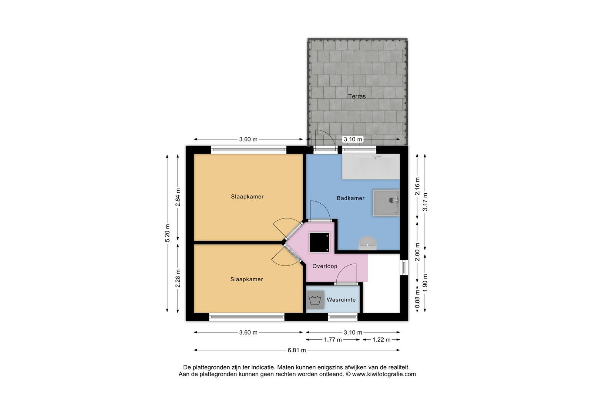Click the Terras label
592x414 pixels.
[x=357, y=96]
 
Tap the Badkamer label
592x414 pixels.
[x=350, y=198]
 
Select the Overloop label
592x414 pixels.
[x=325, y=266]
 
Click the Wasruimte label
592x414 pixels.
[x=341, y=300]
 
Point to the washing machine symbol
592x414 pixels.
[x=315, y=300]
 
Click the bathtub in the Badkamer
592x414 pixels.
[x=371, y=167]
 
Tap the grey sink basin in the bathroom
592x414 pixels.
[x=386, y=203]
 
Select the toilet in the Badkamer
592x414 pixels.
[x=367, y=243]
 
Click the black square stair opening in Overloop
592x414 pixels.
[x=319, y=242]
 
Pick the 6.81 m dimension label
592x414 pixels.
[x=297, y=350]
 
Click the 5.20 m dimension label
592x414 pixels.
[x=167, y=233]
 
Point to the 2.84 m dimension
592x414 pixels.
[x=178, y=197]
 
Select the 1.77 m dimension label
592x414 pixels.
[x=333, y=340]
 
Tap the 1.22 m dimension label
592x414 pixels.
[x=381, y=340]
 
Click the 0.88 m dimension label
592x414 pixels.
[x=417, y=299]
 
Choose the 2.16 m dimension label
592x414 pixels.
[x=417, y=186]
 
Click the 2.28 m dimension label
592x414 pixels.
[x=178, y=278]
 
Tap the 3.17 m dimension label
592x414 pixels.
[x=425, y=202]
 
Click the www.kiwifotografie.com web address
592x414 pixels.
[x=384, y=374]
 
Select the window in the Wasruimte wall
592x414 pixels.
[x=343, y=317]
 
